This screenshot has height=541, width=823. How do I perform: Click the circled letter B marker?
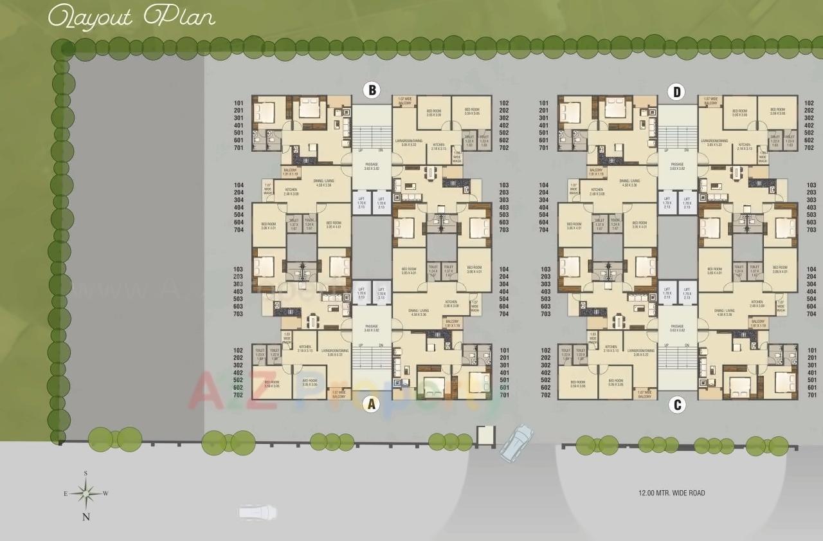370,90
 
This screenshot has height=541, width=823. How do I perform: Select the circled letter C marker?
676,405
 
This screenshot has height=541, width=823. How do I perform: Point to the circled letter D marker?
676,92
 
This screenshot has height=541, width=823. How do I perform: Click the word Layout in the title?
89,17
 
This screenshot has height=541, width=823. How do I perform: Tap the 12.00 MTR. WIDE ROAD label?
671,493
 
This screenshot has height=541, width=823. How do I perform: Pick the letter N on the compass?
86,516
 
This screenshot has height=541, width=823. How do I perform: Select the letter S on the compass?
86,473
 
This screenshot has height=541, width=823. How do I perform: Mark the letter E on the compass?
65,494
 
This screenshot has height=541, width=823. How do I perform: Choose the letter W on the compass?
106,494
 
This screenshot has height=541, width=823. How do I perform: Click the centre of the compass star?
86,494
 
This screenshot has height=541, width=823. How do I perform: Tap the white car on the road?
257,512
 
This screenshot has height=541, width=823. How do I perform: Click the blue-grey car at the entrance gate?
516,442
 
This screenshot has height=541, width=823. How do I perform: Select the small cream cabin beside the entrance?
486,436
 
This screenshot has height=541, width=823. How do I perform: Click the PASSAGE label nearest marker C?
676,328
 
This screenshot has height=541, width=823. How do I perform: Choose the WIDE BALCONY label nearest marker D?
710,101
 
